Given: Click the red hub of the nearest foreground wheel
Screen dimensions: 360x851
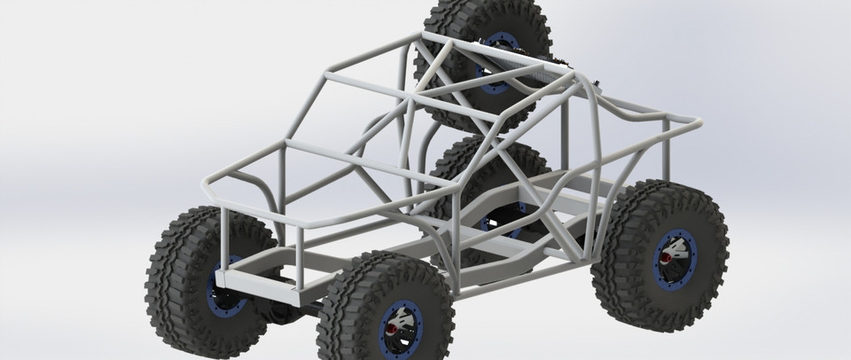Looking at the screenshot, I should click(390, 330).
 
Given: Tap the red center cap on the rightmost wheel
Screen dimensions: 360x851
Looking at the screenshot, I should click(663, 258).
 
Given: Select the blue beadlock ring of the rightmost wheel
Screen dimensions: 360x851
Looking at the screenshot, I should click(681, 239).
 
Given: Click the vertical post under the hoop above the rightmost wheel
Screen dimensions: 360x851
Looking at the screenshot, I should click(665, 160).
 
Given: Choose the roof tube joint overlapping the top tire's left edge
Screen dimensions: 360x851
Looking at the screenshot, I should click(424, 37).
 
